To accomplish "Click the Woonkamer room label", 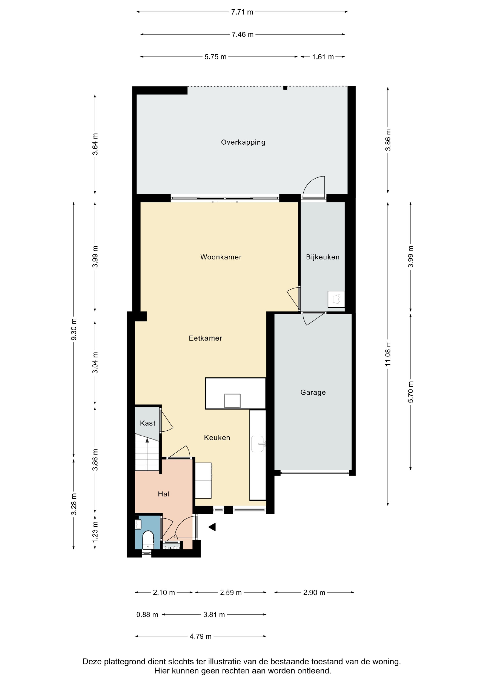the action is [221, 257].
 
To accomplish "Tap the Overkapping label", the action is [243, 142].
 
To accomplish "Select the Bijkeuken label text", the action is [323, 257].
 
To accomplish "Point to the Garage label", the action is [313, 392].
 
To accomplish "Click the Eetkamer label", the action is [205, 338].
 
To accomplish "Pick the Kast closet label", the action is [148, 423].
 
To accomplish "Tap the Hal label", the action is [163, 494].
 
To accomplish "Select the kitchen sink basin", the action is [257, 444].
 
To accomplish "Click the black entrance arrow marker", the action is [212, 527].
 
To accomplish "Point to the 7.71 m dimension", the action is [242, 12].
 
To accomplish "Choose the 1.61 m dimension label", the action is [323, 57].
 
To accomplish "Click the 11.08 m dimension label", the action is [388, 354].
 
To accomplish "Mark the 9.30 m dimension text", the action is [74, 330].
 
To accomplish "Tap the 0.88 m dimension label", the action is [147, 615].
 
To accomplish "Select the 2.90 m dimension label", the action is [314, 593].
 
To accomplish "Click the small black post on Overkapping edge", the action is [285, 88].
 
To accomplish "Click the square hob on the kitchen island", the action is [232, 400].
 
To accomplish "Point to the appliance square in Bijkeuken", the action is [336, 299].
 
